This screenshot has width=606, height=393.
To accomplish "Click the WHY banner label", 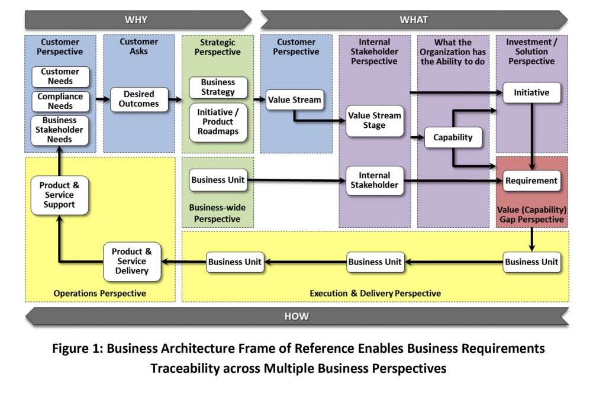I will (136, 20).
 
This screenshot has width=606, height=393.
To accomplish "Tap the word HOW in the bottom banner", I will (296, 316).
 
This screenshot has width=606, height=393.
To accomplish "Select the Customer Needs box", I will (60, 76).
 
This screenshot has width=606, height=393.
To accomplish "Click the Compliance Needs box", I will (60, 101).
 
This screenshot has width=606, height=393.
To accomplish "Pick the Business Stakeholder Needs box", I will (60, 130).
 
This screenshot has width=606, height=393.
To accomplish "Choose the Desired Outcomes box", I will (138, 99).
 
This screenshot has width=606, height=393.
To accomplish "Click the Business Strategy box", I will (218, 87).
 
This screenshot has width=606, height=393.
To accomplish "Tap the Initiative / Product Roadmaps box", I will (218, 121).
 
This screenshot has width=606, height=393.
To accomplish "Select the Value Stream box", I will (294, 99).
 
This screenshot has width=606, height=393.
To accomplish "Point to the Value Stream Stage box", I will (374, 120).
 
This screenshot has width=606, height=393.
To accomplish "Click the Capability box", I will (453, 137).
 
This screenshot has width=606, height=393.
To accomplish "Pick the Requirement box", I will (531, 181).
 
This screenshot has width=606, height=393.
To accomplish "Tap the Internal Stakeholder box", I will (374, 180).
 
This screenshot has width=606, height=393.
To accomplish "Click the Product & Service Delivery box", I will (131, 261).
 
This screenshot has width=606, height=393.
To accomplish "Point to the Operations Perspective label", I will (99, 293).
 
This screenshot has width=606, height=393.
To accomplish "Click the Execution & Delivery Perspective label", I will (375, 293).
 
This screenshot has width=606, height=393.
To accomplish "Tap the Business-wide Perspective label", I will (217, 213).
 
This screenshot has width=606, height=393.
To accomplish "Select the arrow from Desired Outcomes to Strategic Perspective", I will (175, 99).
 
